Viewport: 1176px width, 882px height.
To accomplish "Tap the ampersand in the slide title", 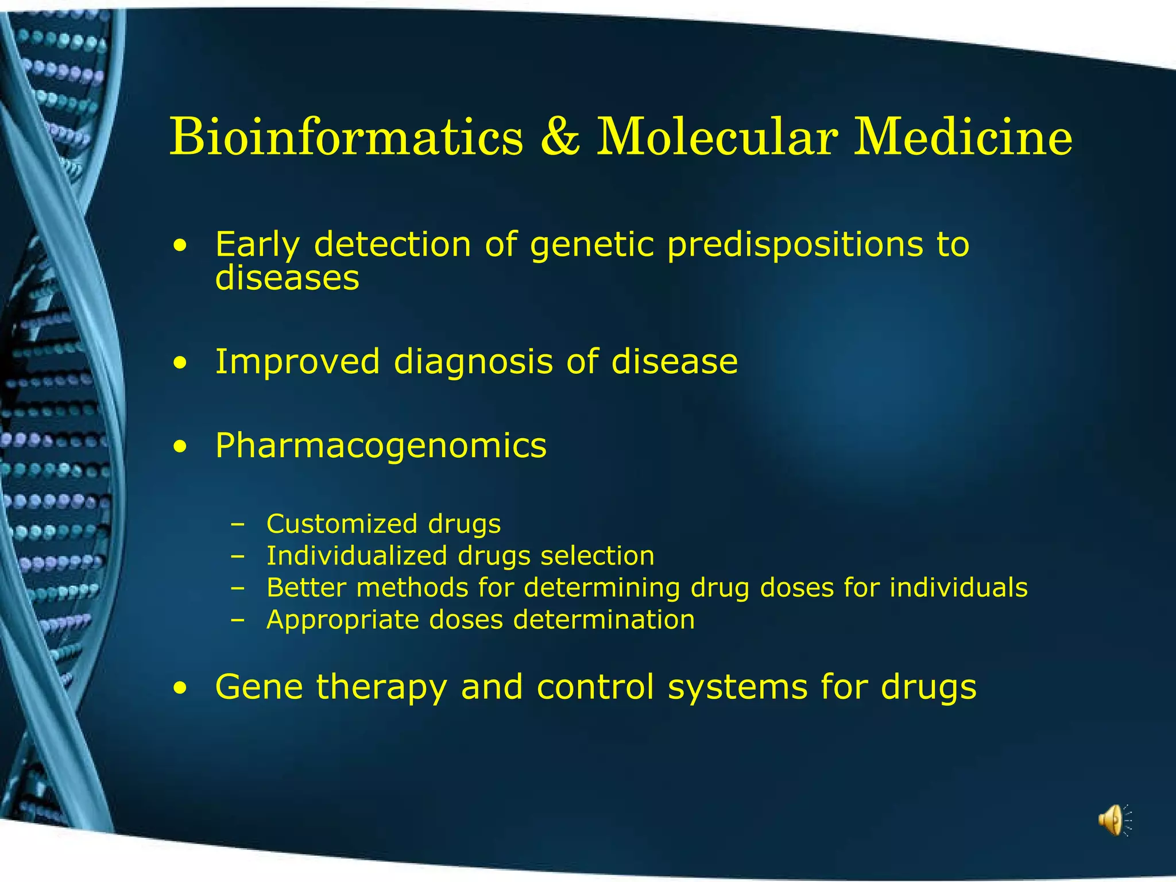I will pyautogui.click(x=560, y=137).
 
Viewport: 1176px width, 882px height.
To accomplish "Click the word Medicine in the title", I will pyautogui.click(x=962, y=137).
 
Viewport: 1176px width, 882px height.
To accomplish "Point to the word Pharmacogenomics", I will pyautogui.click(x=381, y=446).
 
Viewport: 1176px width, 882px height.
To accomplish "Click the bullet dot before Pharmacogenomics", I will pyautogui.click(x=181, y=447).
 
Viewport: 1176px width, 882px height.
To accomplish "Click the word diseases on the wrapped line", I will pyautogui.click(x=287, y=278).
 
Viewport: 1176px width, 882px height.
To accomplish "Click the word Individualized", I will pyautogui.click(x=357, y=556).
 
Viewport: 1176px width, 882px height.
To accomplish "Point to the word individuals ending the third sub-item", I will pyautogui.click(x=958, y=587).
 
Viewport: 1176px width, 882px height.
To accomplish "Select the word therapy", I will pyautogui.click(x=381, y=688).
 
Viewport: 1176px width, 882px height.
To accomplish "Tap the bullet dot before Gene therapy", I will pyautogui.click(x=181, y=688).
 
